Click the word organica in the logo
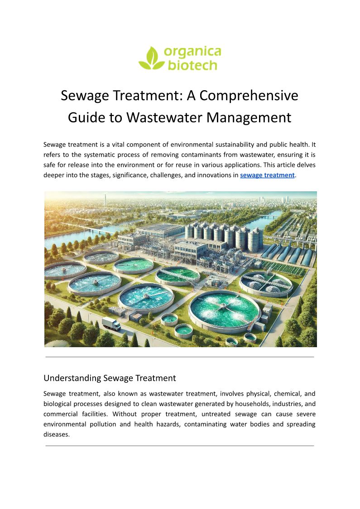(192, 52)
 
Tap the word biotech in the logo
(192, 66)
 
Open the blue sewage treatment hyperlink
(267, 175)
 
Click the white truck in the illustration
(111, 323)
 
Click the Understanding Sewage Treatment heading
(110, 378)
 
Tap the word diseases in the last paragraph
(57, 434)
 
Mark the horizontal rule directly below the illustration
(180, 357)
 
